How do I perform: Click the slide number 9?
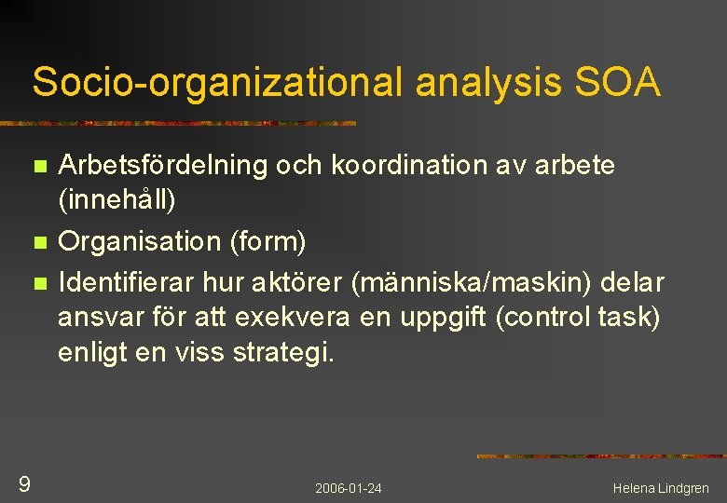pos(25,483)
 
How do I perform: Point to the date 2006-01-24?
pos(348,488)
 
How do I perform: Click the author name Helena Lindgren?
pos(660,488)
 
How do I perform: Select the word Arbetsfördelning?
pos(163,165)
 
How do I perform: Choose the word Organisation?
pos(140,241)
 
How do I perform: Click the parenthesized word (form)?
pos(267,241)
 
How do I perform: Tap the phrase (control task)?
pos(578,317)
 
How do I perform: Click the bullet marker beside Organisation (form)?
pos(38,243)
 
